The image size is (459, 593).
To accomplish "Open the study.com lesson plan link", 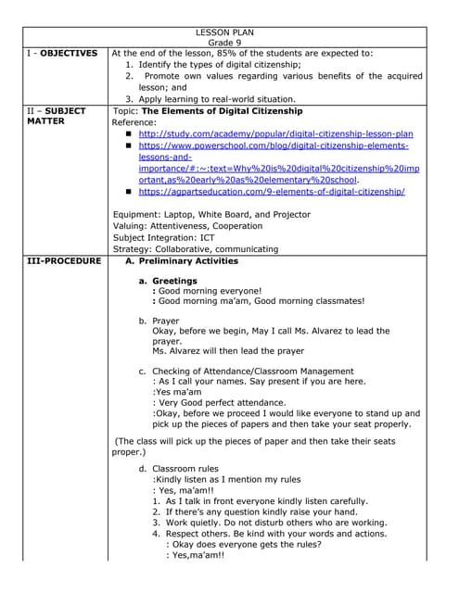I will pos(275,134).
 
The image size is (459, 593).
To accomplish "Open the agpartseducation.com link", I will pos(272,192).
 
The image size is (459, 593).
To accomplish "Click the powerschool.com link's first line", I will pos(274,146).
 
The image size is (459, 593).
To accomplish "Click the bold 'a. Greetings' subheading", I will pos(169,281).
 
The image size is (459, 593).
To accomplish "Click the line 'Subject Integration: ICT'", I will pos(175,237).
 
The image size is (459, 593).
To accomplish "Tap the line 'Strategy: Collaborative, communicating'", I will pos(195,248).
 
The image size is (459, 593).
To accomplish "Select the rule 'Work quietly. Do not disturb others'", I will pos(269,522).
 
